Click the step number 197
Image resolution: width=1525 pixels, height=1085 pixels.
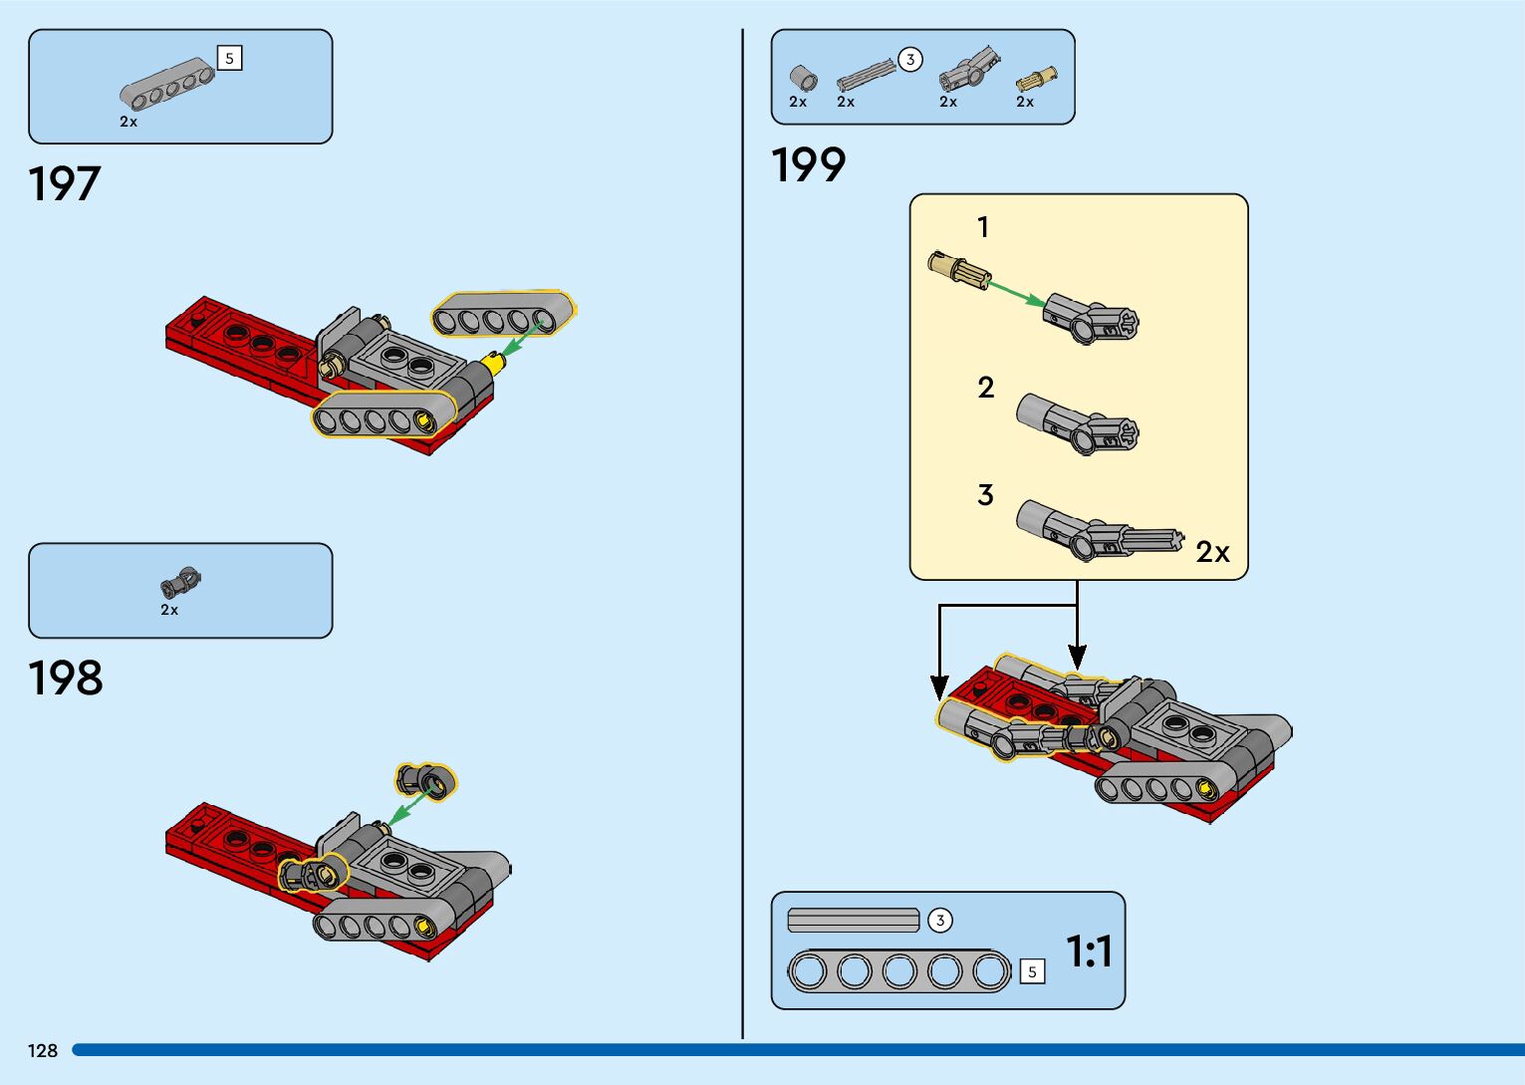[x=65, y=184]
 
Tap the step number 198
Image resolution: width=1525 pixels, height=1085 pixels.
[x=66, y=678]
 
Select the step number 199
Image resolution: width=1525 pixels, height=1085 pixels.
[x=808, y=165]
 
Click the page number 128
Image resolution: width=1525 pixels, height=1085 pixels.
[x=43, y=1050]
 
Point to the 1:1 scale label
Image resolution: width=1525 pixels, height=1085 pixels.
[x=1089, y=951]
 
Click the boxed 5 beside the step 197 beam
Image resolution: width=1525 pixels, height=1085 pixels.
[x=229, y=59]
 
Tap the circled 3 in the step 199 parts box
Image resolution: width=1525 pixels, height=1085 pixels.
[x=909, y=60]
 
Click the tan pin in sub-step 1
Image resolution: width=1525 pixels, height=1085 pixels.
[x=956, y=268]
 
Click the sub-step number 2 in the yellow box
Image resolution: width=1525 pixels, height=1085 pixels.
[x=985, y=388]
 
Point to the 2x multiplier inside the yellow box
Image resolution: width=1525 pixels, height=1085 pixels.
[x=1212, y=552]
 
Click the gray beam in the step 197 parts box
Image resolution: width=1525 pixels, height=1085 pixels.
[x=167, y=83]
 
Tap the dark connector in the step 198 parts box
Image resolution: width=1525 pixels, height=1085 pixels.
[x=180, y=582]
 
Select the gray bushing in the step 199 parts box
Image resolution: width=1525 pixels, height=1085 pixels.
[x=803, y=78]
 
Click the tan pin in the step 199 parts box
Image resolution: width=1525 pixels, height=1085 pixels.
[x=1036, y=78]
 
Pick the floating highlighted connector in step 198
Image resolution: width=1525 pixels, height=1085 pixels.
[x=426, y=780]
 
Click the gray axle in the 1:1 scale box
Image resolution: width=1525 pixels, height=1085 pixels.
[x=854, y=921]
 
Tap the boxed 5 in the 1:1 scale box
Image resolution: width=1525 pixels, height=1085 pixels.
[x=1033, y=971]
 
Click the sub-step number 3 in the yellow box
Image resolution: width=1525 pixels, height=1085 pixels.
[x=985, y=495]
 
